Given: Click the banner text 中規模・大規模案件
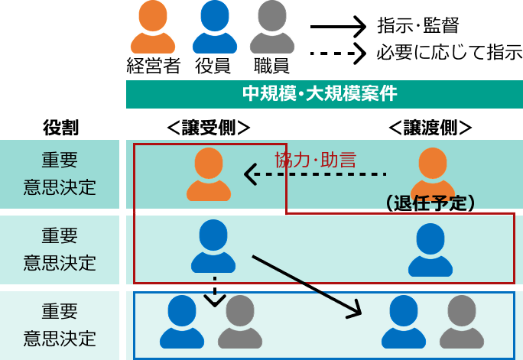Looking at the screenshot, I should [x=320, y=94].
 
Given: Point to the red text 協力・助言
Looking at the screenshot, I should [x=315, y=160].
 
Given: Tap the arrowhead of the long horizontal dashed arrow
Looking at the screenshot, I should [x=251, y=174].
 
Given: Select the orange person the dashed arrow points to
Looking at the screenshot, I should [x=209, y=174].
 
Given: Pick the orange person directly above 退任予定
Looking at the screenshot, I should [x=433, y=173].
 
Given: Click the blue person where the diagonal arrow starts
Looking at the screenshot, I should [x=213, y=246].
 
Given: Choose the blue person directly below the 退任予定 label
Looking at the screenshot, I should [x=430, y=250].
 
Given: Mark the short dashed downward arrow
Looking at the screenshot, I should [x=215, y=292].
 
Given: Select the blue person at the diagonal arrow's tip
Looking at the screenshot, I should [x=403, y=322].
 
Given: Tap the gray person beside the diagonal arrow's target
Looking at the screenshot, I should [x=462, y=322].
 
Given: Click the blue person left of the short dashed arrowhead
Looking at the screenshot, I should [x=182, y=322].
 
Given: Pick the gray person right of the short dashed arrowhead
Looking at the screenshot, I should [x=240, y=322].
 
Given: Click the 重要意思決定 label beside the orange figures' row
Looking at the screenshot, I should [x=60, y=174].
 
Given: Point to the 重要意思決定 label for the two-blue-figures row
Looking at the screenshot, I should [x=60, y=249].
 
